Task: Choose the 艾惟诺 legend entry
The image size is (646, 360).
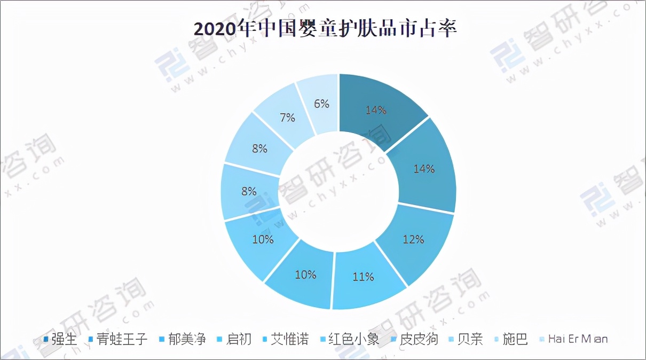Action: click(x=289, y=339)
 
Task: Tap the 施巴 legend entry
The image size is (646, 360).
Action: click(x=515, y=339)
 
